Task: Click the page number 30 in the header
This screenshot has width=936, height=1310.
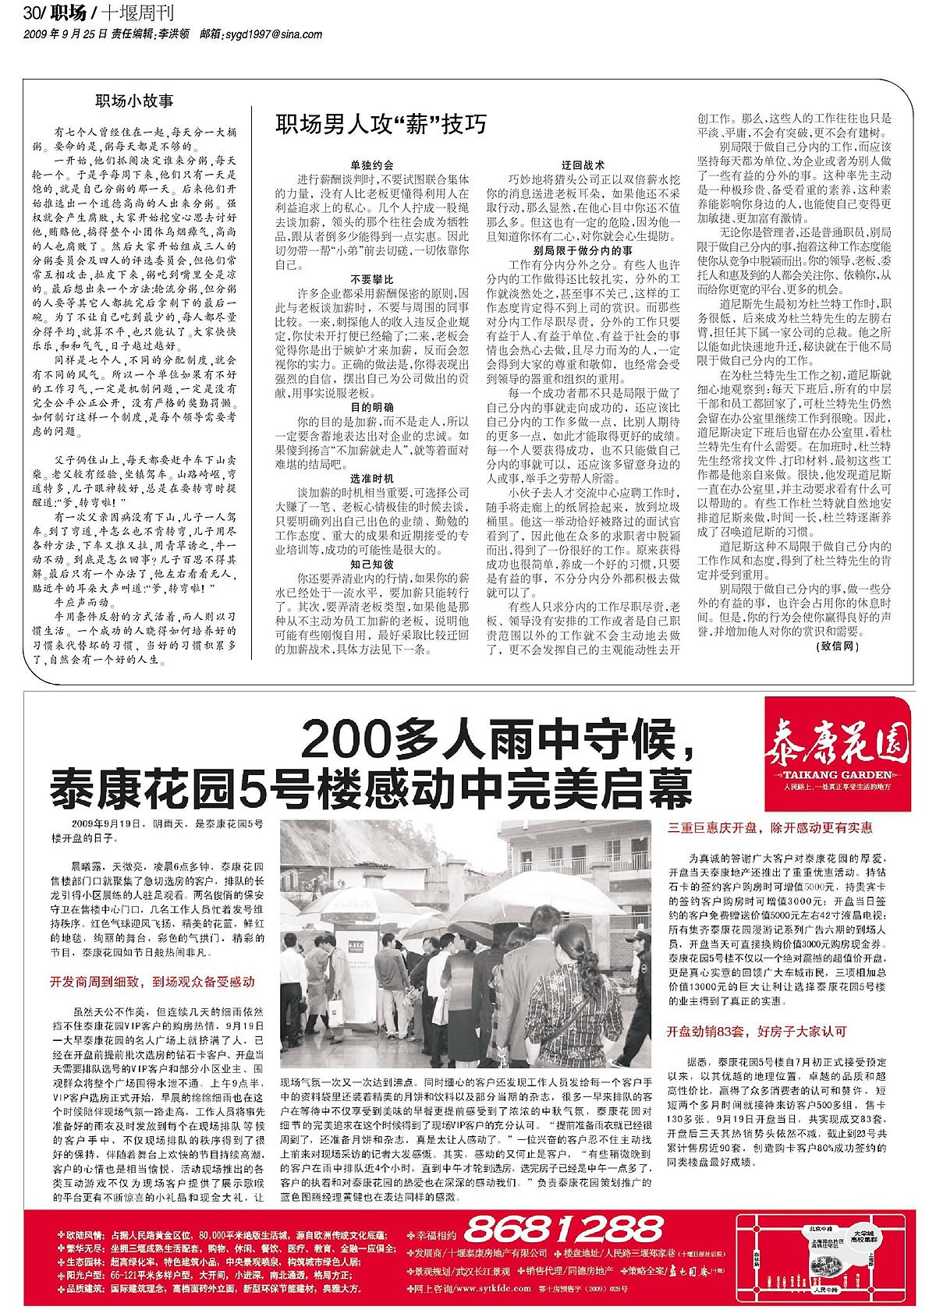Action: click(32, 14)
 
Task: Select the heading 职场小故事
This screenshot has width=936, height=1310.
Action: click(134, 101)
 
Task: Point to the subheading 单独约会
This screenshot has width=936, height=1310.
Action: click(371, 165)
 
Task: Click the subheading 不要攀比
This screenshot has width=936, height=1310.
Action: click(371, 279)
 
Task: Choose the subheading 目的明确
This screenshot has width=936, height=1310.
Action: click(371, 408)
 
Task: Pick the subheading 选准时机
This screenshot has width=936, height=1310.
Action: click(371, 478)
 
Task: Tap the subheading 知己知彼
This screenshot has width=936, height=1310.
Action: click(371, 564)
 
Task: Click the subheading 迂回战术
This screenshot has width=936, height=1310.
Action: click(583, 165)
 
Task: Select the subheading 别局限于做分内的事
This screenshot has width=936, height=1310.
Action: click(583, 251)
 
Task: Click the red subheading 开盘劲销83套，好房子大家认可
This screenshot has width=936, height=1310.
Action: click(757, 1032)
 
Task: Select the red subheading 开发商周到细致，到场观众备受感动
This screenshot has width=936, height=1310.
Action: click(152, 982)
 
